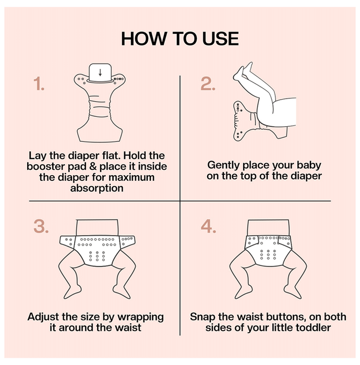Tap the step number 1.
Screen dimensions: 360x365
[x=39, y=83]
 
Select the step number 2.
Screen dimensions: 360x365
[x=208, y=83]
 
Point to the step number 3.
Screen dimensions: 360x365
[x=41, y=226]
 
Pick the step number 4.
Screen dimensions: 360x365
[x=208, y=226]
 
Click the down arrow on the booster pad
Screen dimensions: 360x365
[x=100, y=72]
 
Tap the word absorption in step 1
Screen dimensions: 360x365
[x=97, y=188]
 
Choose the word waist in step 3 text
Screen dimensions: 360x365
[x=129, y=328]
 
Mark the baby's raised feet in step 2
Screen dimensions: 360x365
[x=243, y=71]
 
